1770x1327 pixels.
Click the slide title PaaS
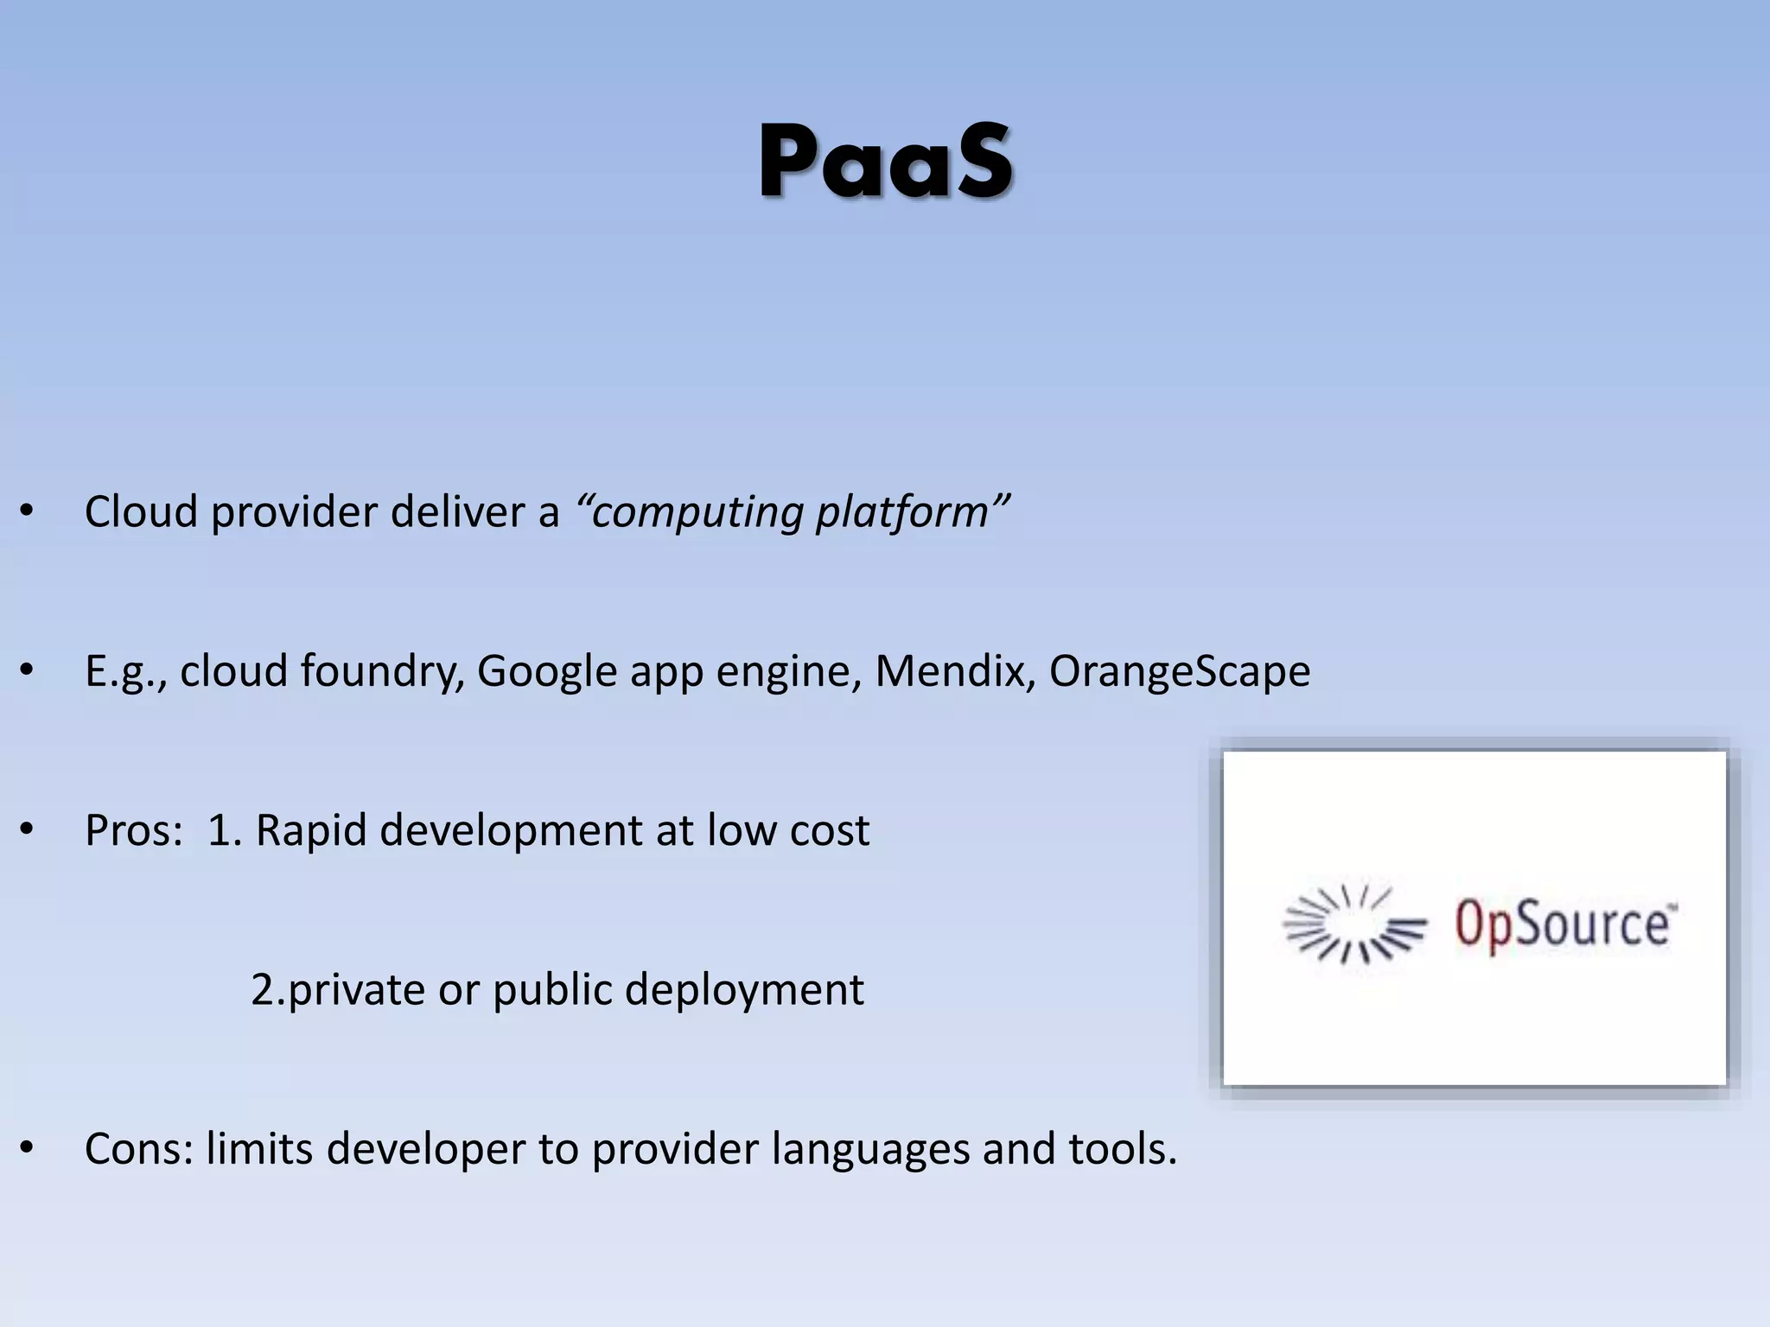click(885, 162)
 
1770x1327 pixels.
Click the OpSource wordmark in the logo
click(1565, 924)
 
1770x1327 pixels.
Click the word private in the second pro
click(356, 990)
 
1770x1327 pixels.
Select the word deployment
click(744, 990)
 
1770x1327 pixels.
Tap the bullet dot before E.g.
click(27, 670)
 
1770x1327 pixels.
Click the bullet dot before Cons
click(27, 1148)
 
